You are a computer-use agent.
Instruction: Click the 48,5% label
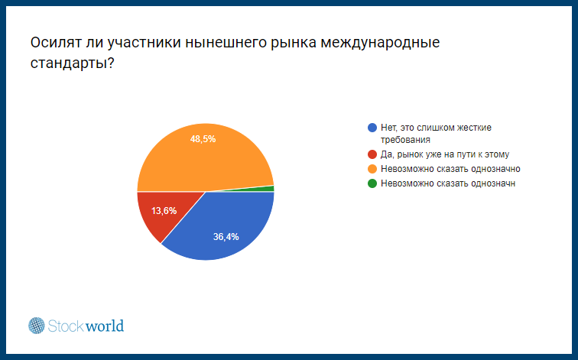[x=203, y=139]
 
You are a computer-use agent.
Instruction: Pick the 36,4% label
[x=226, y=237]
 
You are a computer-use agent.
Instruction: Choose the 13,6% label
[x=164, y=211]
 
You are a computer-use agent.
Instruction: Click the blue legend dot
[x=372, y=128]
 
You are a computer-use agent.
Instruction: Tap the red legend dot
[x=372, y=154]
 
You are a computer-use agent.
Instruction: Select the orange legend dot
[x=372, y=169]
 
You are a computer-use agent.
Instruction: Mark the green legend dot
[x=372, y=183]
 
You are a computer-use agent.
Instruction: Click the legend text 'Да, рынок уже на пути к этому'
[x=445, y=154]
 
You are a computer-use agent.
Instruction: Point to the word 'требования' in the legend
[x=405, y=140]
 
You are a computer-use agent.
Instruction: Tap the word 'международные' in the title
[x=380, y=44]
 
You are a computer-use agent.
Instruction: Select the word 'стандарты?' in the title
[x=72, y=63]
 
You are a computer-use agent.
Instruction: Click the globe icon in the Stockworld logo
[x=37, y=326]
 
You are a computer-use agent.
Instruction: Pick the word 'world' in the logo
[x=105, y=326]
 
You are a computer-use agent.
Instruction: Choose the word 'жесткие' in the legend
[x=475, y=128]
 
